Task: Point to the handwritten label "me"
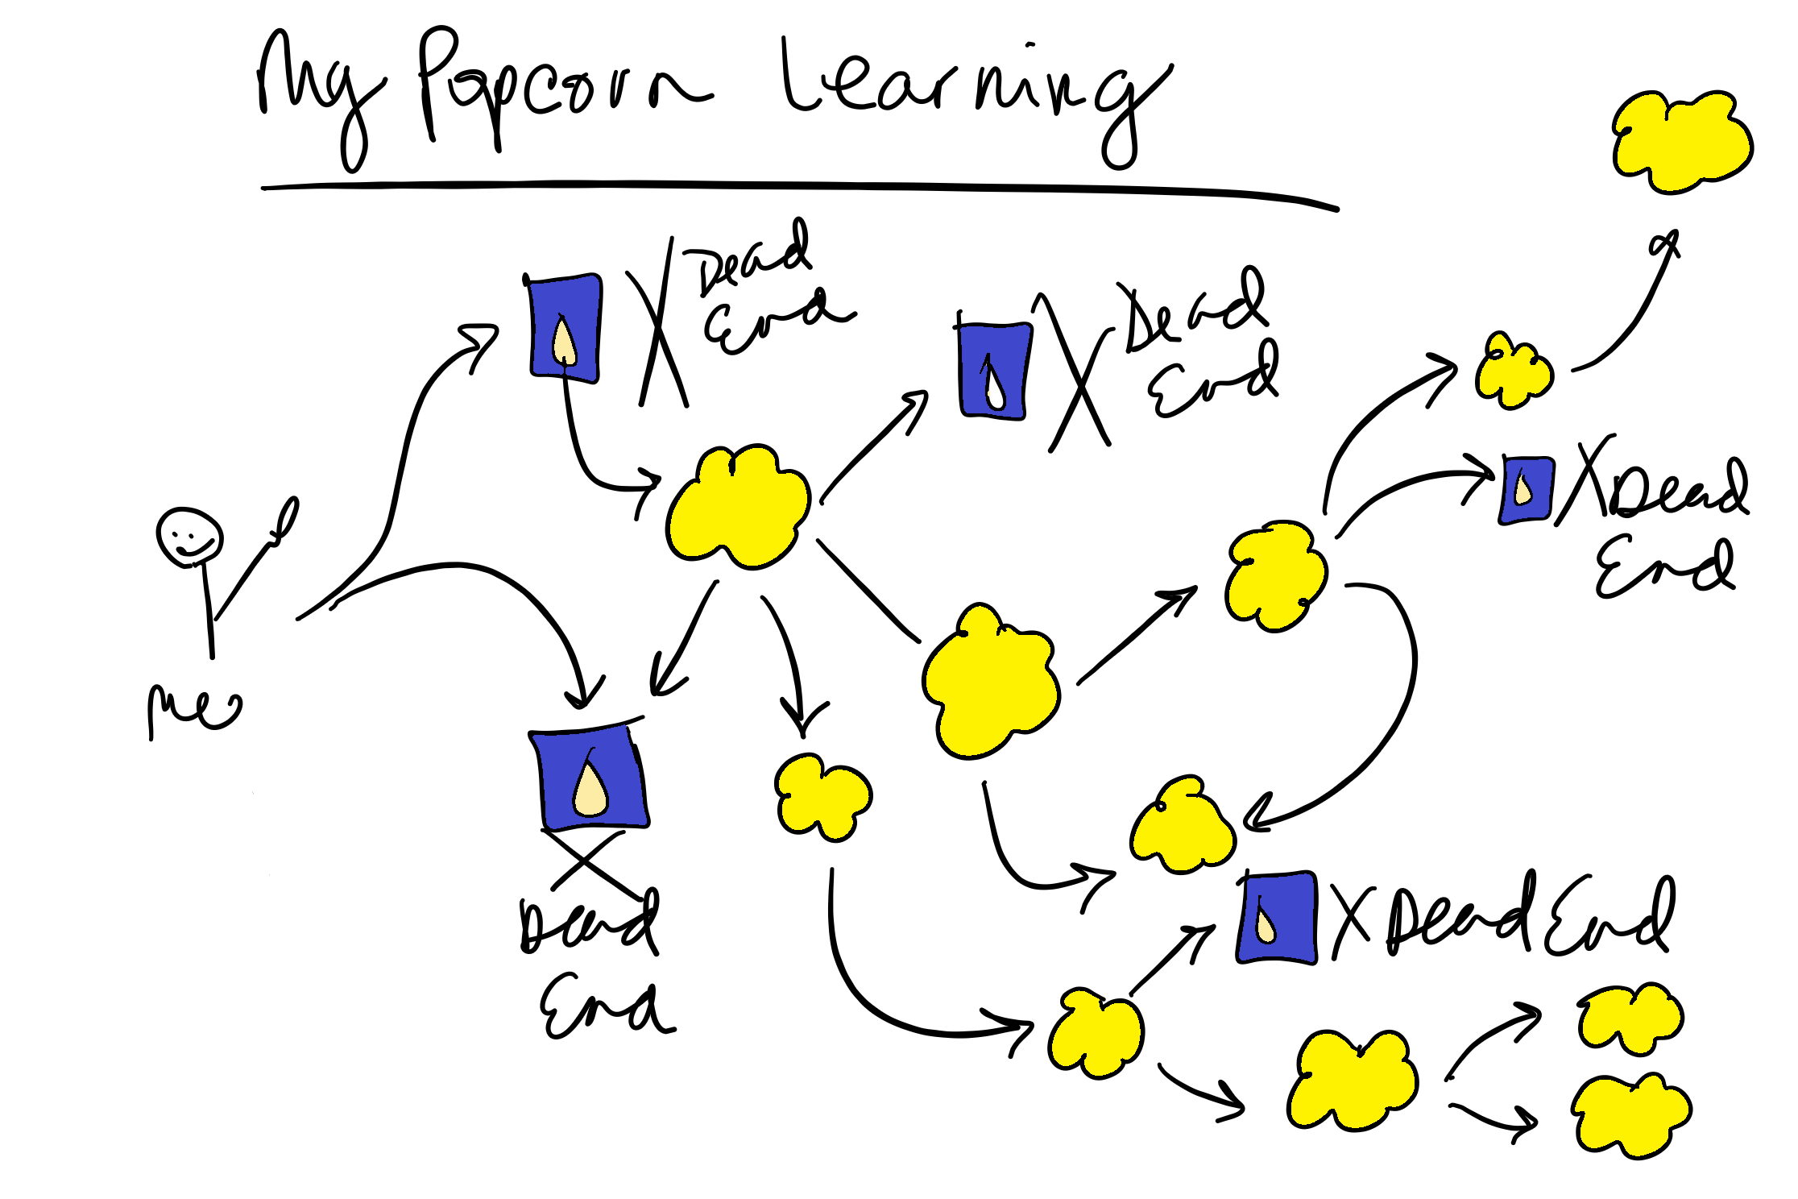coord(193,709)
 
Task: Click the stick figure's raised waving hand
coord(284,520)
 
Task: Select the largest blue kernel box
coord(590,778)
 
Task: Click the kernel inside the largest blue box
coord(590,790)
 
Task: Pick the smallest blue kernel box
coord(1527,490)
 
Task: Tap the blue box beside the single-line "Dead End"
coord(1277,919)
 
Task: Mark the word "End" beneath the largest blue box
coord(604,1007)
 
